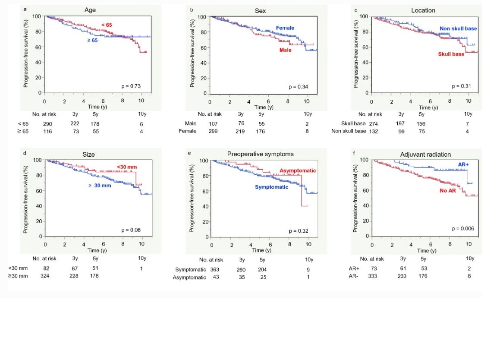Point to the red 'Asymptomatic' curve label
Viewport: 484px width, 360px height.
coord(298,171)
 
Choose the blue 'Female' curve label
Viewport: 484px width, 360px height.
coord(285,28)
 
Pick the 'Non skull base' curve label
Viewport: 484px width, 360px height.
coord(458,28)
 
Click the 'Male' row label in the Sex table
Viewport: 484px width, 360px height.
coord(190,124)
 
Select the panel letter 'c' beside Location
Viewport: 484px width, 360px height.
coord(355,9)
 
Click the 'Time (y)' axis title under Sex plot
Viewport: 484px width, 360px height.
coord(263,107)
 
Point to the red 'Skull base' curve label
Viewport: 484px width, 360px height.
coord(451,54)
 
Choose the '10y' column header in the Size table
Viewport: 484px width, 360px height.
coord(142,259)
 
